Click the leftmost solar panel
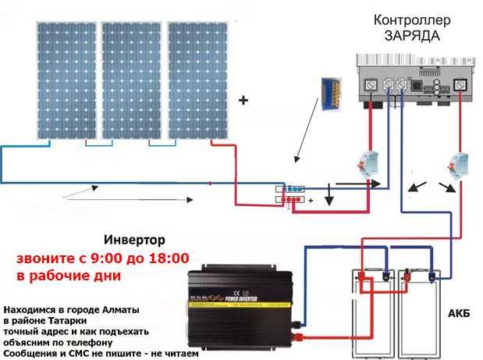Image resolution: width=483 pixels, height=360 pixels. coord(64,82)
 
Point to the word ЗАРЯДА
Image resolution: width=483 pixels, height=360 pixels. coord(411,36)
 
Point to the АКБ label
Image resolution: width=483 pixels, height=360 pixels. coord(458,313)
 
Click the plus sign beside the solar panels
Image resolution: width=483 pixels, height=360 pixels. coord(242,101)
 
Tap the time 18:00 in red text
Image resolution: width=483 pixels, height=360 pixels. coord(165,258)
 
